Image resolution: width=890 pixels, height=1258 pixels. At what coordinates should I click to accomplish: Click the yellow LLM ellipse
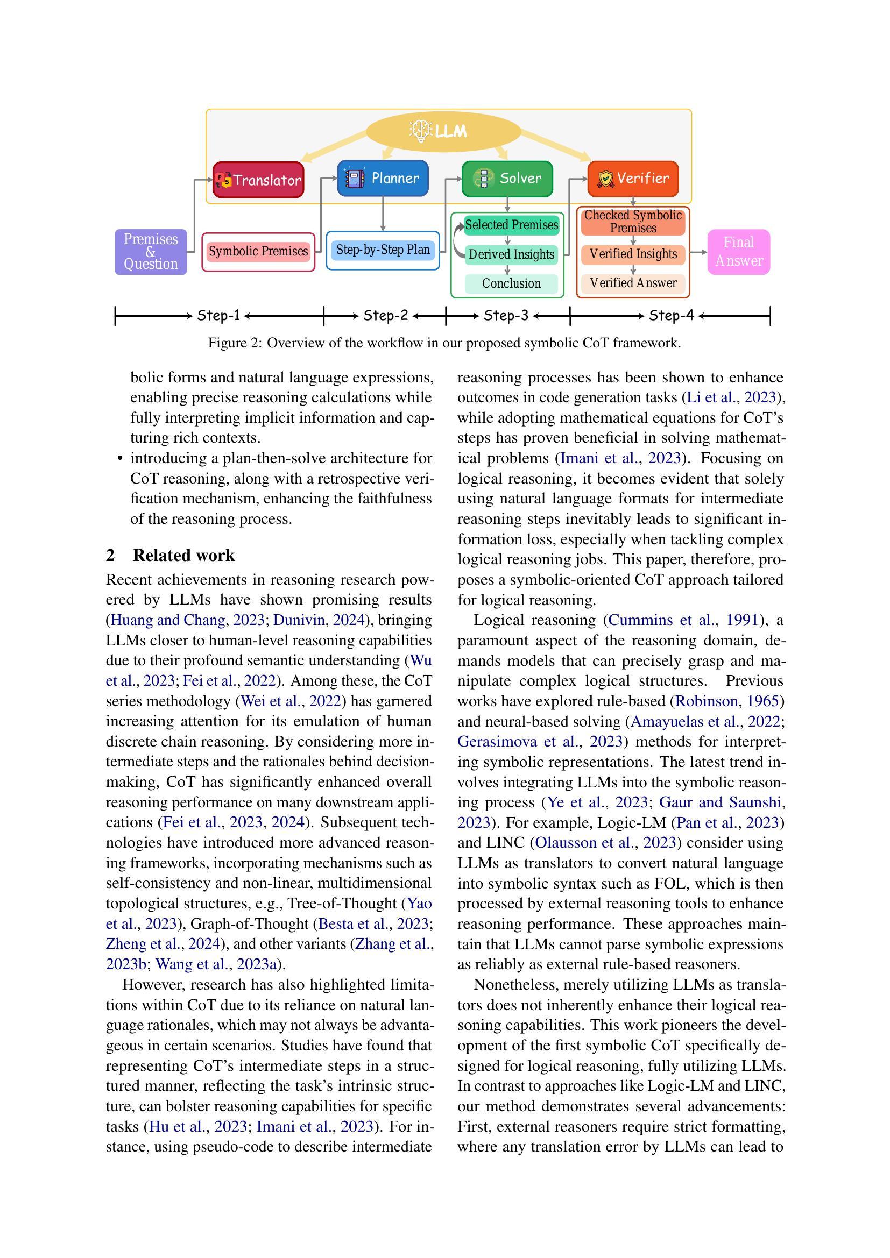coord(443,131)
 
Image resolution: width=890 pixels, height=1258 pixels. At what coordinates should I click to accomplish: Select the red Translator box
coord(258,180)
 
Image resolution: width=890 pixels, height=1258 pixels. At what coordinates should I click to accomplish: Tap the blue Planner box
coord(383,178)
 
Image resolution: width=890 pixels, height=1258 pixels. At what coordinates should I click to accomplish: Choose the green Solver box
coord(507,179)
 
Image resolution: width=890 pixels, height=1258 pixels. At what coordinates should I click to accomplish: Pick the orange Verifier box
coord(633,179)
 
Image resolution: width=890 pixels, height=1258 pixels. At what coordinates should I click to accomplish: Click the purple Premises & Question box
coord(151,252)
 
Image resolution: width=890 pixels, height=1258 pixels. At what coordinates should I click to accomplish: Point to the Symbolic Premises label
coord(258,252)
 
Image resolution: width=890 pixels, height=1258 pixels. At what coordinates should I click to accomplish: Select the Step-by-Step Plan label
coord(383,250)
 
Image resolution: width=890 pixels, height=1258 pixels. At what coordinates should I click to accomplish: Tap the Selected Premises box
coord(511,225)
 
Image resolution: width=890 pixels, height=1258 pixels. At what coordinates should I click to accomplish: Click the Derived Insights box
coord(511,255)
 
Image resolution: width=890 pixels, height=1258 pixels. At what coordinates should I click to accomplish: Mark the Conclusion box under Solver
coord(511,284)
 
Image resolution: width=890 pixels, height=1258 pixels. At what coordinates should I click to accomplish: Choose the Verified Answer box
coord(633,283)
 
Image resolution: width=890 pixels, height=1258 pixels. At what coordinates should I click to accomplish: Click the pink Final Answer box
coord(739,252)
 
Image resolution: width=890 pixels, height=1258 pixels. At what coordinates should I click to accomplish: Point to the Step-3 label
coord(506,316)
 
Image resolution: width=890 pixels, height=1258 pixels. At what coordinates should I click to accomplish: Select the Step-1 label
coord(218,316)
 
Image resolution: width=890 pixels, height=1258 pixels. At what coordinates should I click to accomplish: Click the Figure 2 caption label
coord(444,344)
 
